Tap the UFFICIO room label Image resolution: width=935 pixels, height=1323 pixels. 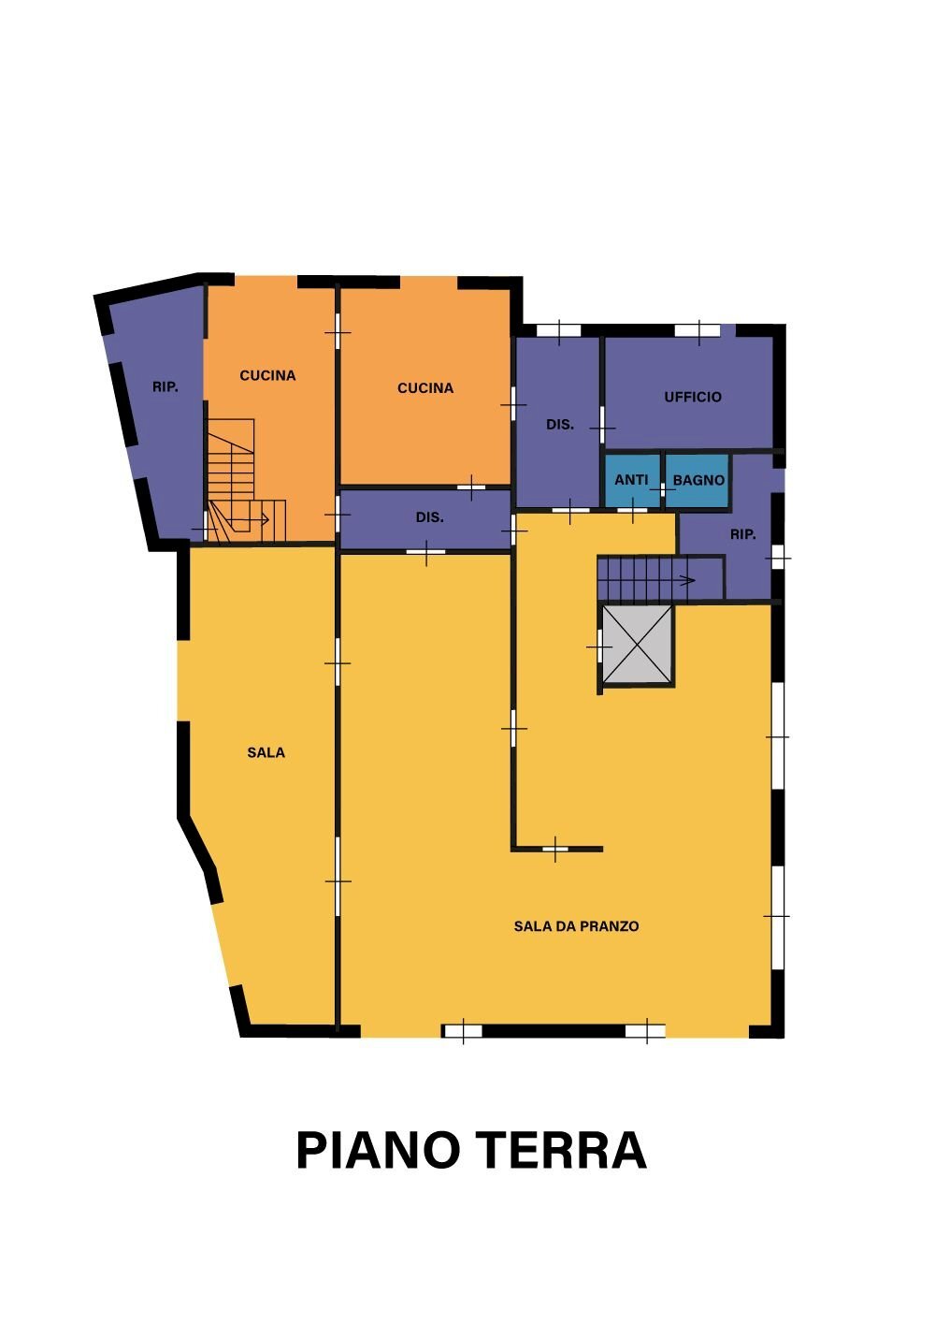pos(693,397)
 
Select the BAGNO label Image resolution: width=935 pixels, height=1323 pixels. pos(698,480)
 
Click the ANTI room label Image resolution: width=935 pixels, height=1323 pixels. pos(631,480)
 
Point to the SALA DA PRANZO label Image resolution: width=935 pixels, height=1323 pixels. pos(576,926)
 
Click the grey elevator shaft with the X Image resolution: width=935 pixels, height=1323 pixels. pos(638,645)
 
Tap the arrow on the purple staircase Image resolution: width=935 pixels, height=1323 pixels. pos(673,581)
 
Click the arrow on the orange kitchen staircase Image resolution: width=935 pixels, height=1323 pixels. pos(247,520)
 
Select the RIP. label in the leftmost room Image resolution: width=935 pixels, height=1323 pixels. pos(165,387)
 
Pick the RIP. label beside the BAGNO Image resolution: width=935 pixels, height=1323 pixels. pos(742,534)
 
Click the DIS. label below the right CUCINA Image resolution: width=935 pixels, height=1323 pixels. pos(429,517)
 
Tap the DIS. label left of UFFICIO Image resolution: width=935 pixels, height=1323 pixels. pos(559,424)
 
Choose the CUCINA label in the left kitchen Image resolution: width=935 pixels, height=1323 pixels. pos(267,375)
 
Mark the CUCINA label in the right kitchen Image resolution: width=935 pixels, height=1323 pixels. pos(425,388)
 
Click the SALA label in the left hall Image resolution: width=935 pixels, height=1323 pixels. pos(266,752)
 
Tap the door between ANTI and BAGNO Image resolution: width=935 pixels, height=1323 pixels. pos(662,490)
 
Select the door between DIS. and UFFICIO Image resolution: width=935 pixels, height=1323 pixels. pos(602,425)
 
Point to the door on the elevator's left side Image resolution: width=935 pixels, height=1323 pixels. pos(599,647)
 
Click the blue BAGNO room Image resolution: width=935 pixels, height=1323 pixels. pos(697,480)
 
